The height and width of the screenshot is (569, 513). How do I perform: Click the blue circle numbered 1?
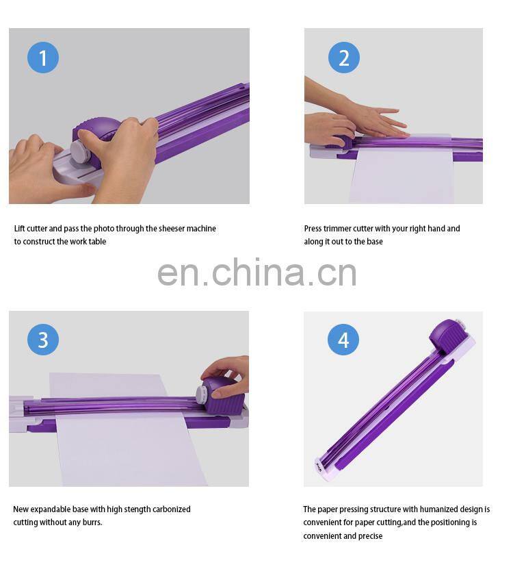pyautogui.click(x=43, y=58)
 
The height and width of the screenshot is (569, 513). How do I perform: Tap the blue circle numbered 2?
pyautogui.click(x=343, y=58)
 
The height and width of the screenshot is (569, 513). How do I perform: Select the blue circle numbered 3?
pyautogui.click(x=43, y=340)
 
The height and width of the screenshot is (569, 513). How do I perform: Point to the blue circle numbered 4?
pyautogui.click(x=343, y=340)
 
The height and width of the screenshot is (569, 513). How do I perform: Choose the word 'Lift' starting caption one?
pyautogui.click(x=21, y=229)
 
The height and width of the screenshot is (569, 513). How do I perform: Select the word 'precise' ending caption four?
pyautogui.click(x=369, y=535)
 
